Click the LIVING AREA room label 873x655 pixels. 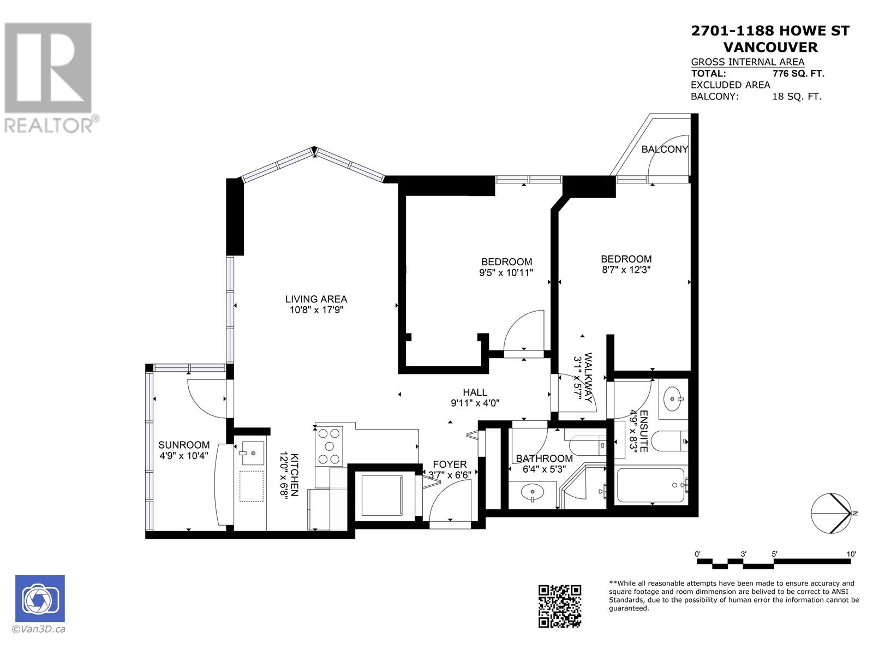316,299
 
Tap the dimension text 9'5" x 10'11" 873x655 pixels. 506,272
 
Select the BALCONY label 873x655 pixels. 664,149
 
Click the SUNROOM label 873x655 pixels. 184,445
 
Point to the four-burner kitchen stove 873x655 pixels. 329,446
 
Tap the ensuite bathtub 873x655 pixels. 650,486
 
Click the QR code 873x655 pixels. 560,606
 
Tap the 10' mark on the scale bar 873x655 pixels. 851,554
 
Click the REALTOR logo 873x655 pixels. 49,76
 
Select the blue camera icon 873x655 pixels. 40,598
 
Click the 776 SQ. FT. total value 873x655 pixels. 798,74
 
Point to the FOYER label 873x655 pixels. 450,465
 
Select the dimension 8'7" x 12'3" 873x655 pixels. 626,269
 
